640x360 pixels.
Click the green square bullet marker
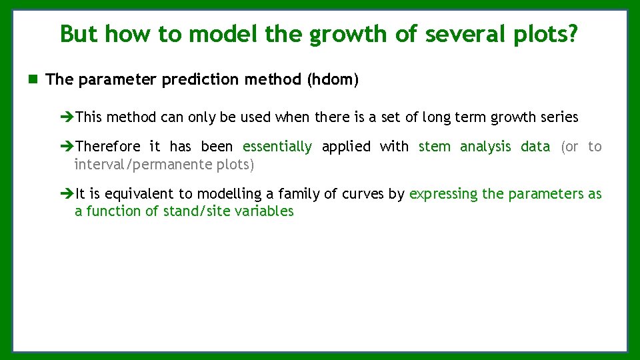pos(33,80)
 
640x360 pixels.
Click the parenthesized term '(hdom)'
pos(333,80)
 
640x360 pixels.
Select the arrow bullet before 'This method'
pos(67,117)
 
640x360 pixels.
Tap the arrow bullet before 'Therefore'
pos(67,147)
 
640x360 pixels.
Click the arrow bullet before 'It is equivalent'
pos(67,194)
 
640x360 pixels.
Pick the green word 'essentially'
pos(277,147)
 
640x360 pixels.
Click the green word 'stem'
pos(434,147)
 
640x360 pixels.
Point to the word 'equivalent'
pos(141,194)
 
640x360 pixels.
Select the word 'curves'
pos(361,194)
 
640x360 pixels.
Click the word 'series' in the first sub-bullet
pos(559,117)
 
